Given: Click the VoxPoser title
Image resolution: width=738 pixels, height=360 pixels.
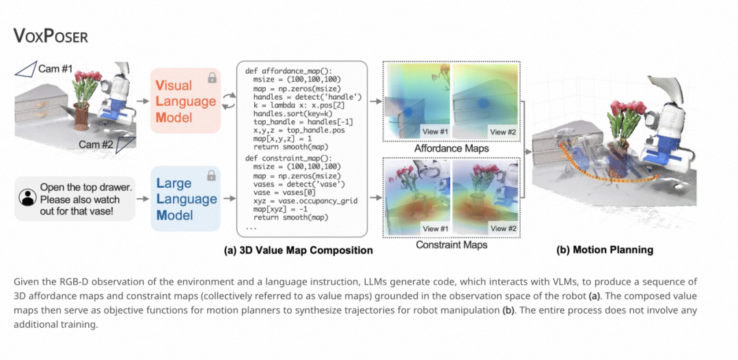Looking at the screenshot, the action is (x=51, y=36).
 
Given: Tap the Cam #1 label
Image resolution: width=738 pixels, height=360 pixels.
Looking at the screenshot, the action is (x=55, y=69).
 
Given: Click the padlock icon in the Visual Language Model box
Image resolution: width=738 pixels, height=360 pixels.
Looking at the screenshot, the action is (x=213, y=77).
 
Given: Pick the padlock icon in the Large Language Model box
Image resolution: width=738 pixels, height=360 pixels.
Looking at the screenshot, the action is (x=213, y=176).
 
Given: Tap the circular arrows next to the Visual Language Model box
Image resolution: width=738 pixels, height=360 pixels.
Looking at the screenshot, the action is (x=228, y=101).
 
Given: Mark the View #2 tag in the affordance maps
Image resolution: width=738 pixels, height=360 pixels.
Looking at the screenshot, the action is (x=502, y=132).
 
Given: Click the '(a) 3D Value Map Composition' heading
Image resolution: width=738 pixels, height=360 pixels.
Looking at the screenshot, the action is (x=299, y=250).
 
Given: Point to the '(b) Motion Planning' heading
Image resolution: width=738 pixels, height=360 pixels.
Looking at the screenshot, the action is (x=605, y=250).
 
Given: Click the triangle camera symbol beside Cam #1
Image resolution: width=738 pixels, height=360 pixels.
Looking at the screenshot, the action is (x=25, y=69).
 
